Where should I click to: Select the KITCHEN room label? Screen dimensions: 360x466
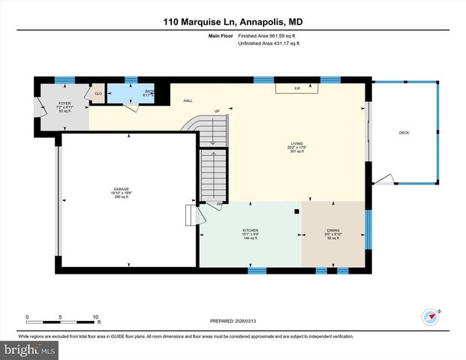pyautogui.click(x=250, y=231)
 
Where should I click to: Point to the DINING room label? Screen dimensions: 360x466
pyautogui.click(x=332, y=231)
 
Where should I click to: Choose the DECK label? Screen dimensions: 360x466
pyautogui.click(x=404, y=133)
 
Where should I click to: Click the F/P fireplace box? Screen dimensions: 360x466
pyautogui.click(x=297, y=88)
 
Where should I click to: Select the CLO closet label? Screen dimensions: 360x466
pyautogui.click(x=98, y=94)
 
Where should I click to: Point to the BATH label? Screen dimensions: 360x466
pyautogui.click(x=149, y=92)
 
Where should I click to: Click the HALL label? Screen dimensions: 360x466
pyautogui.click(x=188, y=100)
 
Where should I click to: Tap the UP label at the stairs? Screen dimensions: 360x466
pyautogui.click(x=217, y=112)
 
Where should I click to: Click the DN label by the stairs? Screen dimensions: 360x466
pyautogui.click(x=220, y=203)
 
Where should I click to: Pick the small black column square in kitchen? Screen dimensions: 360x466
pyautogui.click(x=298, y=211)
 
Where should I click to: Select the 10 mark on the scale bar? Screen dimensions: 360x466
pyautogui.click(x=95, y=316)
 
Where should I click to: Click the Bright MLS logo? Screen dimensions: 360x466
pyautogui.click(x=29, y=350)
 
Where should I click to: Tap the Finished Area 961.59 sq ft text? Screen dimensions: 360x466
pyautogui.click(x=268, y=36)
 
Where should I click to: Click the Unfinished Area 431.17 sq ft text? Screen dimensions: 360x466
pyautogui.click(x=268, y=44)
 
